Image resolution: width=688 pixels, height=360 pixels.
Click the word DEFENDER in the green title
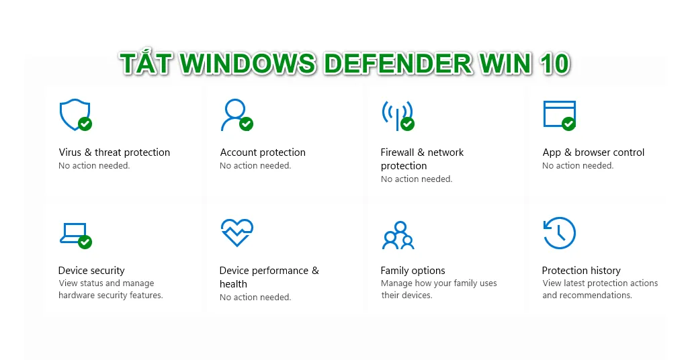coord(398,64)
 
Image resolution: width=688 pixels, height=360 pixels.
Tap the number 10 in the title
coord(554,64)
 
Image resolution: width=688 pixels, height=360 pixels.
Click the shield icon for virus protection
coord(75,114)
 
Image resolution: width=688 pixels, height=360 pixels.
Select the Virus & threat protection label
coord(114,152)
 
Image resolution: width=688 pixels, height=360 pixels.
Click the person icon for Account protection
coord(235,114)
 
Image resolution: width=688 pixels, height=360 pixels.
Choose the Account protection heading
coord(263,152)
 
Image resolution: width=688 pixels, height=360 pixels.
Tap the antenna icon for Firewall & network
coord(398,116)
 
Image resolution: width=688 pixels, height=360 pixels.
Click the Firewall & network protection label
coord(422,159)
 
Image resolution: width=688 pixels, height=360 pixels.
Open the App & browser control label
coord(593,152)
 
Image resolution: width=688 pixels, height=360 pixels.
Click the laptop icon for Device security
coord(75,235)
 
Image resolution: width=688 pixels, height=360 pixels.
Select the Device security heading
coord(91,271)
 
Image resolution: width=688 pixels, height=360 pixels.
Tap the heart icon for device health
coord(237,232)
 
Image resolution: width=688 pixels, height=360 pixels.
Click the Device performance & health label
coord(269,277)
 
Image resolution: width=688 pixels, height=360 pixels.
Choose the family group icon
coord(398,236)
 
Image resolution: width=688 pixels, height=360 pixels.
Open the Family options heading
coord(413,271)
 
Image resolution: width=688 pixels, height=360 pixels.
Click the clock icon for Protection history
coord(560,233)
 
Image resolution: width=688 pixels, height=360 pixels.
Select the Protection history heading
coord(581,271)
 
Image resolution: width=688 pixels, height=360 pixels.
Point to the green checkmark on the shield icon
coord(85,124)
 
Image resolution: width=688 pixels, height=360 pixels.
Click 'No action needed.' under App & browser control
coord(577,166)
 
